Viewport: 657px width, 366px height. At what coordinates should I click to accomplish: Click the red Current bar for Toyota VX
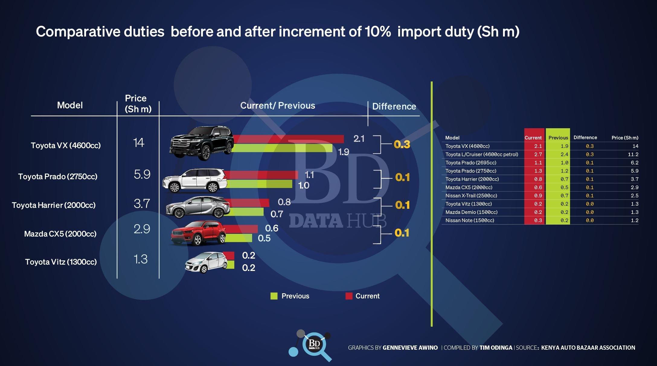pos(288,139)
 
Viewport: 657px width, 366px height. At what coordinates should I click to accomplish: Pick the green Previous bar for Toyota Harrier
pos(246,212)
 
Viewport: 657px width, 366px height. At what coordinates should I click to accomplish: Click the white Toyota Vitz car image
pos(206,262)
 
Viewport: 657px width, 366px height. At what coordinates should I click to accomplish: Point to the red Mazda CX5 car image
pos(198,234)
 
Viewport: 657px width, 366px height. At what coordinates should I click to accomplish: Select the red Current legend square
pos(349,296)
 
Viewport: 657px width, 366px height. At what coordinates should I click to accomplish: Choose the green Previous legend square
pos(274,296)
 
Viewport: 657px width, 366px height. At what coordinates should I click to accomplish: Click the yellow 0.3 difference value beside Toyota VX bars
pos(402,145)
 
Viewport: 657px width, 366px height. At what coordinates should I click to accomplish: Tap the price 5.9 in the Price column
pos(142,174)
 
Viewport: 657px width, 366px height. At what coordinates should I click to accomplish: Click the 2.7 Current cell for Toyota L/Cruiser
pos(538,154)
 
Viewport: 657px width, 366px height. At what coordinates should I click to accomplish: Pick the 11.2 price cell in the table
pos(633,154)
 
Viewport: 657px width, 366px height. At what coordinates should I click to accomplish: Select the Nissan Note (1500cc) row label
pos(470,221)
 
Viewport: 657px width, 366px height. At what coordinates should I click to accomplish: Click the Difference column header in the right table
pos(585,138)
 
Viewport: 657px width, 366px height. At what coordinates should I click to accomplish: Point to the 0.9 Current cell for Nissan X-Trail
pos(538,196)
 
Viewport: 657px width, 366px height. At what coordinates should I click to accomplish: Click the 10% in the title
pos(378,32)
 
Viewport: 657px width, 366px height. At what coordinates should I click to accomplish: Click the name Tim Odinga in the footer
pos(496,348)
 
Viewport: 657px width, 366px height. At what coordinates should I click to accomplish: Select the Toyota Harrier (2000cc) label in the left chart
pos(54,205)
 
